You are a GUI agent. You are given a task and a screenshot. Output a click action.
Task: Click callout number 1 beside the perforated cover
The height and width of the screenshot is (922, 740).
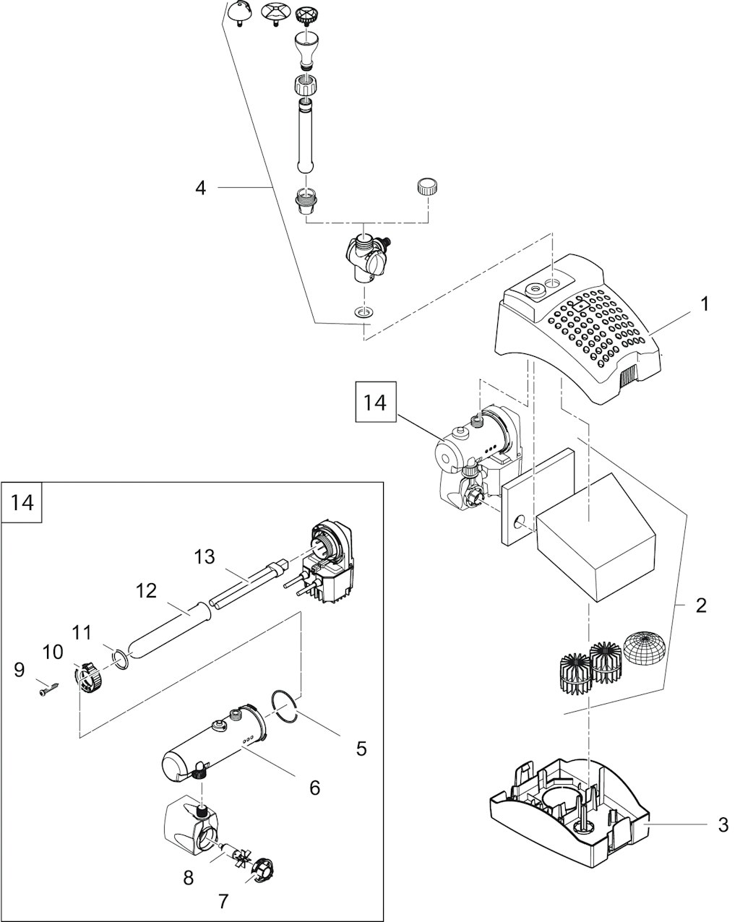(x=704, y=303)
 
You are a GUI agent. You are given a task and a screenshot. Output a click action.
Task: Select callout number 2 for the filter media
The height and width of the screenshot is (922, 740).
(x=700, y=605)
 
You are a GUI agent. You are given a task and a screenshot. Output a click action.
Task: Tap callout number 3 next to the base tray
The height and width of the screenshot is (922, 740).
(x=723, y=824)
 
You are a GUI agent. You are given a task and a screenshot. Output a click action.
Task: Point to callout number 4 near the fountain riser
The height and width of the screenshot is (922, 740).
(x=200, y=188)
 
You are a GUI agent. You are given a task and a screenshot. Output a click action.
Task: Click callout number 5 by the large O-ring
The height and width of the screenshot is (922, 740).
(x=361, y=749)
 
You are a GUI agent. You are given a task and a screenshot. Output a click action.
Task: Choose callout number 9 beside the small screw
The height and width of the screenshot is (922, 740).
(x=20, y=670)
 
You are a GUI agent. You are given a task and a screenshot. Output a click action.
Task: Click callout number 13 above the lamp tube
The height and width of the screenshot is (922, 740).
(x=205, y=556)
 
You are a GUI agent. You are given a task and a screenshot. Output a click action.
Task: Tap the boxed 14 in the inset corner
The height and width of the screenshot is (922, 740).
(x=23, y=501)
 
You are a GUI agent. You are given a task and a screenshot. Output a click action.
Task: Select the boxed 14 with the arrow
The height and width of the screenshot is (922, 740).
(x=375, y=402)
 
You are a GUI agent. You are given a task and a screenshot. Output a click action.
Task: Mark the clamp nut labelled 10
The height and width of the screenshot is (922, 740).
(x=87, y=678)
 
